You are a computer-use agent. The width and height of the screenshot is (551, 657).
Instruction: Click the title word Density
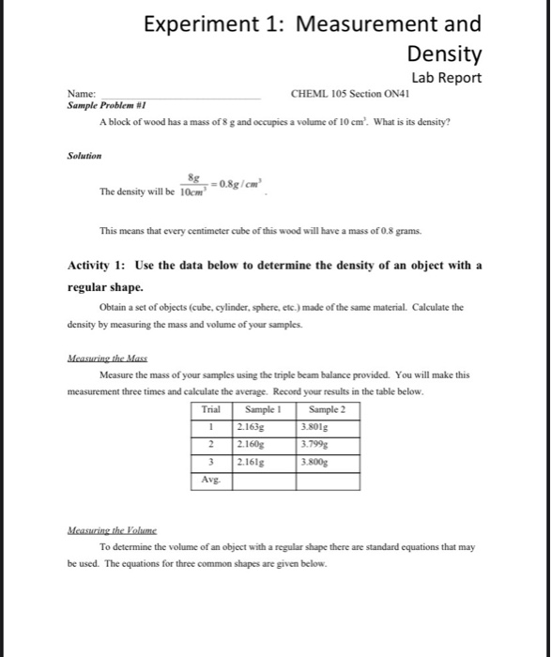[x=445, y=53]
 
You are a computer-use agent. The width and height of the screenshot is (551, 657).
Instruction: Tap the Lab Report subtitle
[x=446, y=78]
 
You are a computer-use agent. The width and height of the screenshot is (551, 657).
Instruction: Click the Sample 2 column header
[x=327, y=409]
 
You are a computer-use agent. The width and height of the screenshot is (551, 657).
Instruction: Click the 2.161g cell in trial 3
[x=253, y=463]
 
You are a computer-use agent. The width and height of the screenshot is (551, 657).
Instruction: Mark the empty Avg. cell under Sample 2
[x=328, y=481]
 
